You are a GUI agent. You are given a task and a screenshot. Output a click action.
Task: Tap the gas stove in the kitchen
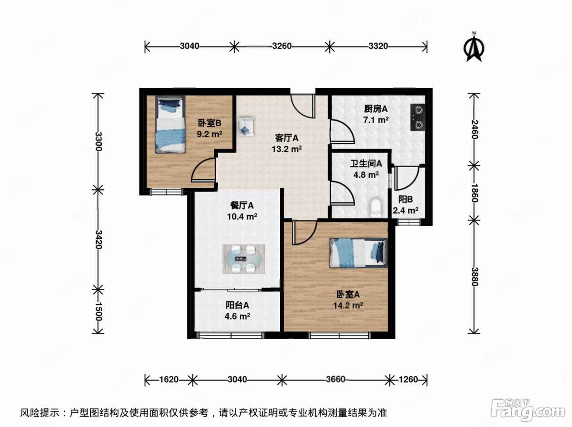click(x=418, y=117)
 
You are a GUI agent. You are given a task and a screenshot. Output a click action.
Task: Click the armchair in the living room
click(x=245, y=127)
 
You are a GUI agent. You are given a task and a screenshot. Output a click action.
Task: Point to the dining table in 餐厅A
click(x=244, y=259)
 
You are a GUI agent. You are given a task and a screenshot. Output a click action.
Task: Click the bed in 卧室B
click(x=170, y=124)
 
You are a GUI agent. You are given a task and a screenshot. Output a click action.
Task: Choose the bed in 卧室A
click(x=359, y=253)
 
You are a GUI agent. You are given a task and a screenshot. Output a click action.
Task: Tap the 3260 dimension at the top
click(x=282, y=46)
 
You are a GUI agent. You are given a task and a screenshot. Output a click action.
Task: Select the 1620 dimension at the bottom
click(x=169, y=379)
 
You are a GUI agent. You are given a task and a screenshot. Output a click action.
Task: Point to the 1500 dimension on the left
click(x=98, y=311)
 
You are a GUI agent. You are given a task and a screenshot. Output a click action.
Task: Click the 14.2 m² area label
click(x=348, y=305)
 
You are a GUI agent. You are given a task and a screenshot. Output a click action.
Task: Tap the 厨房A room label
click(x=375, y=109)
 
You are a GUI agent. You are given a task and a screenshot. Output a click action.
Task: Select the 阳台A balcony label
click(x=237, y=305)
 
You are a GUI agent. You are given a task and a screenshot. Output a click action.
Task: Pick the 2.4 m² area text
click(x=405, y=210)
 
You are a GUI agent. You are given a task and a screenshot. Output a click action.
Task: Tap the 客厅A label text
click(x=287, y=138)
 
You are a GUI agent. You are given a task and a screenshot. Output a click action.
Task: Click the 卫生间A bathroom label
click(x=366, y=164)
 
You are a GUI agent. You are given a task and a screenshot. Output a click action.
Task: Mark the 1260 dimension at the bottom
click(x=408, y=379)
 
